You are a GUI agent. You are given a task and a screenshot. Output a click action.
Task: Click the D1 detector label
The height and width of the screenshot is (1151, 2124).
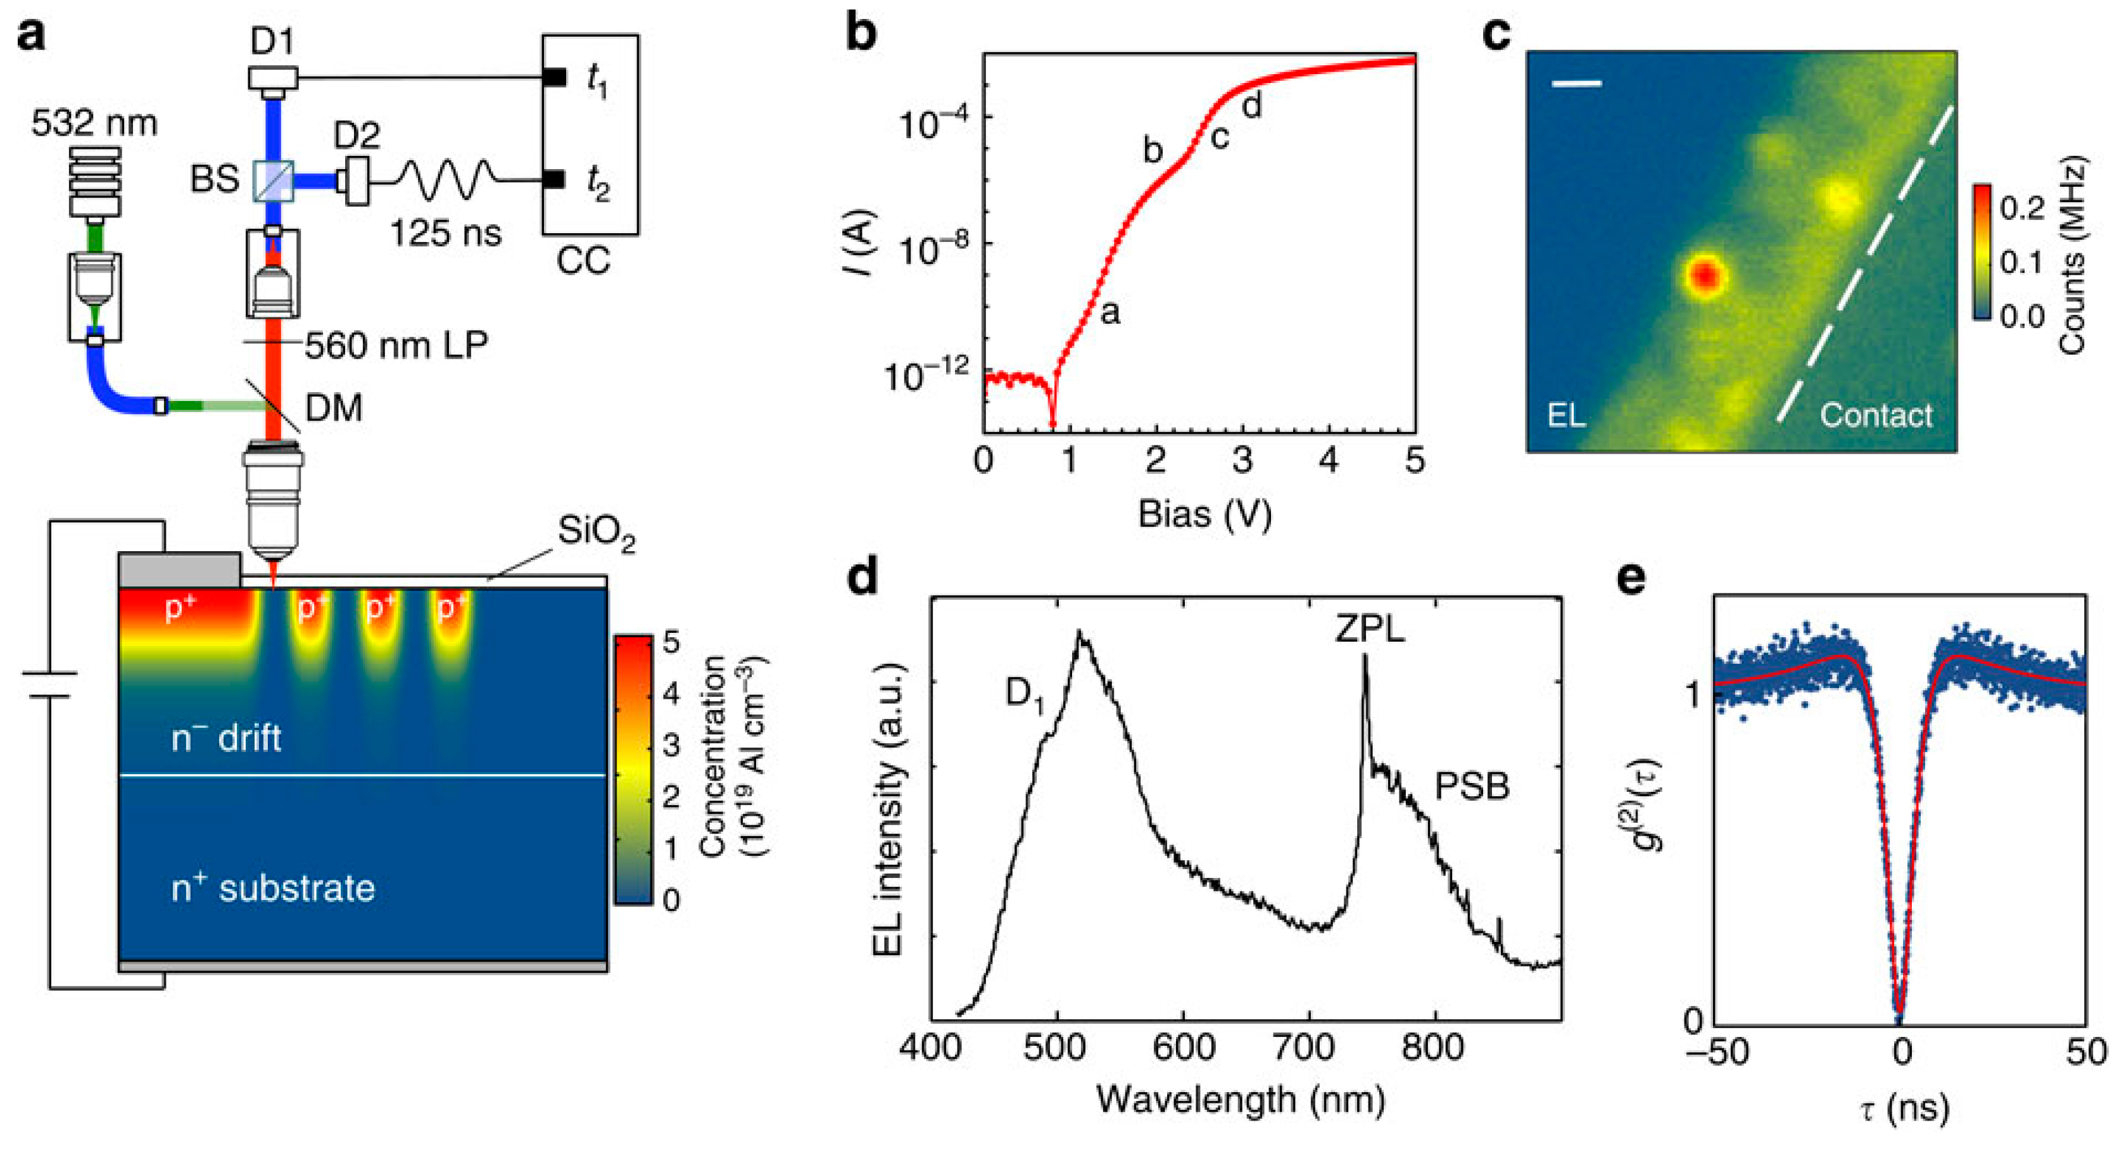coord(272,41)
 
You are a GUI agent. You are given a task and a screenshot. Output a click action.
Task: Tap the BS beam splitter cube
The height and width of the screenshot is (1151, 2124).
coord(273,181)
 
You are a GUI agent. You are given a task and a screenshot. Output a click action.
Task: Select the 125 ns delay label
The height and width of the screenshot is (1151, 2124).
coord(445,232)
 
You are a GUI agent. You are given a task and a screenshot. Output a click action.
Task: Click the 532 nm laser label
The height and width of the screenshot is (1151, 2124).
coord(94,123)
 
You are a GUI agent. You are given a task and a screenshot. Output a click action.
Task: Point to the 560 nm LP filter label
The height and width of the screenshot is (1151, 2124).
coord(396,345)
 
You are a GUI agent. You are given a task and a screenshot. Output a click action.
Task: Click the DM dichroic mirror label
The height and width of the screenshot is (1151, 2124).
coord(333,408)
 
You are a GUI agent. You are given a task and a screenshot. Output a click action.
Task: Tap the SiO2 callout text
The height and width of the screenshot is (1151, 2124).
coord(595,532)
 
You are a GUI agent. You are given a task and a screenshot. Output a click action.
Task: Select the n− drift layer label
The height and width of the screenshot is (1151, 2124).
coord(226,737)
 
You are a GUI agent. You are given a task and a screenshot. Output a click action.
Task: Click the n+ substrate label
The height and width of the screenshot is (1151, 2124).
coord(273,889)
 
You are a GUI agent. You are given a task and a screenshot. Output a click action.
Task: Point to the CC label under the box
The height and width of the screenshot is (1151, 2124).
coord(583,260)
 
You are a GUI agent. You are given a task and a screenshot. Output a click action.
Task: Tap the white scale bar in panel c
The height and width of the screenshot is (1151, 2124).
coord(1576,83)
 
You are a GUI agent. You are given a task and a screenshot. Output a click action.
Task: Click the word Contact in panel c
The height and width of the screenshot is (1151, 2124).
coord(1876,415)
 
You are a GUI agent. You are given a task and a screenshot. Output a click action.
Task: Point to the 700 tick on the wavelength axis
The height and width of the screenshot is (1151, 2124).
coord(1310,1047)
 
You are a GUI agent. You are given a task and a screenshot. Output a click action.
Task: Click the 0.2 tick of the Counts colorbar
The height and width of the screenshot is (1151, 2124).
coord(2022,208)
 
